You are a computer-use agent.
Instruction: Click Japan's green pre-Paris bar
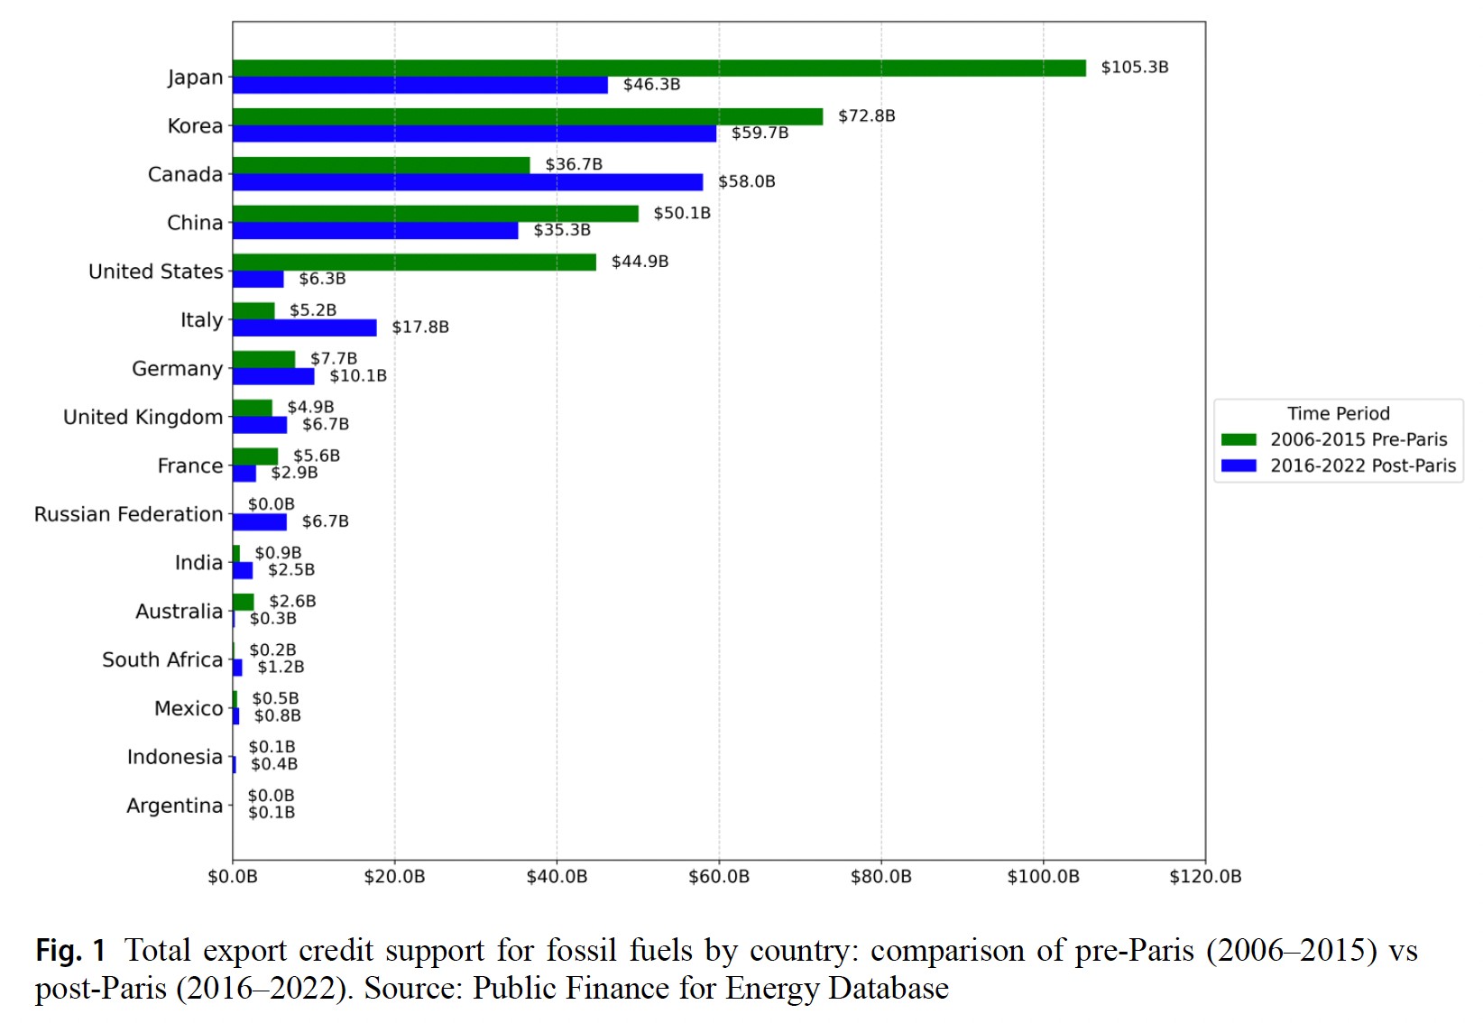659,68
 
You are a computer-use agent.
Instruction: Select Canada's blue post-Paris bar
467,182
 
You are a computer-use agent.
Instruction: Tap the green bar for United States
414,262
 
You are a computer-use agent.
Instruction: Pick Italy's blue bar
304,327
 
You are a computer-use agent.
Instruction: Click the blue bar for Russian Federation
260,521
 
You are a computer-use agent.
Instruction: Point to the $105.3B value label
1134,68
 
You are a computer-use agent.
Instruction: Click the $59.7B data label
760,133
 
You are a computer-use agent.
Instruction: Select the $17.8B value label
419,327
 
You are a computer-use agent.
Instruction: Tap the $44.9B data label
640,262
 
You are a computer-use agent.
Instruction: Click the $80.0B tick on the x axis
880,877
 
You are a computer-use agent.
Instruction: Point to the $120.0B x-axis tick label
1204,877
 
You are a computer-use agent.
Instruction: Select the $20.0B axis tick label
394,877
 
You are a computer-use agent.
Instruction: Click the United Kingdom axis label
143,417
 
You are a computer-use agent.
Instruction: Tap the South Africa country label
162,659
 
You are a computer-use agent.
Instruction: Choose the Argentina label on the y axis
174,806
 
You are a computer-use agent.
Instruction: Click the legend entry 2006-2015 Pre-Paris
1358,439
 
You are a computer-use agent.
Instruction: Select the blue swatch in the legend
1239,465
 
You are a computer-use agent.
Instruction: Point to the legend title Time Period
1338,413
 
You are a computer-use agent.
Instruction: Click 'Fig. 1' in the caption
70,950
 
